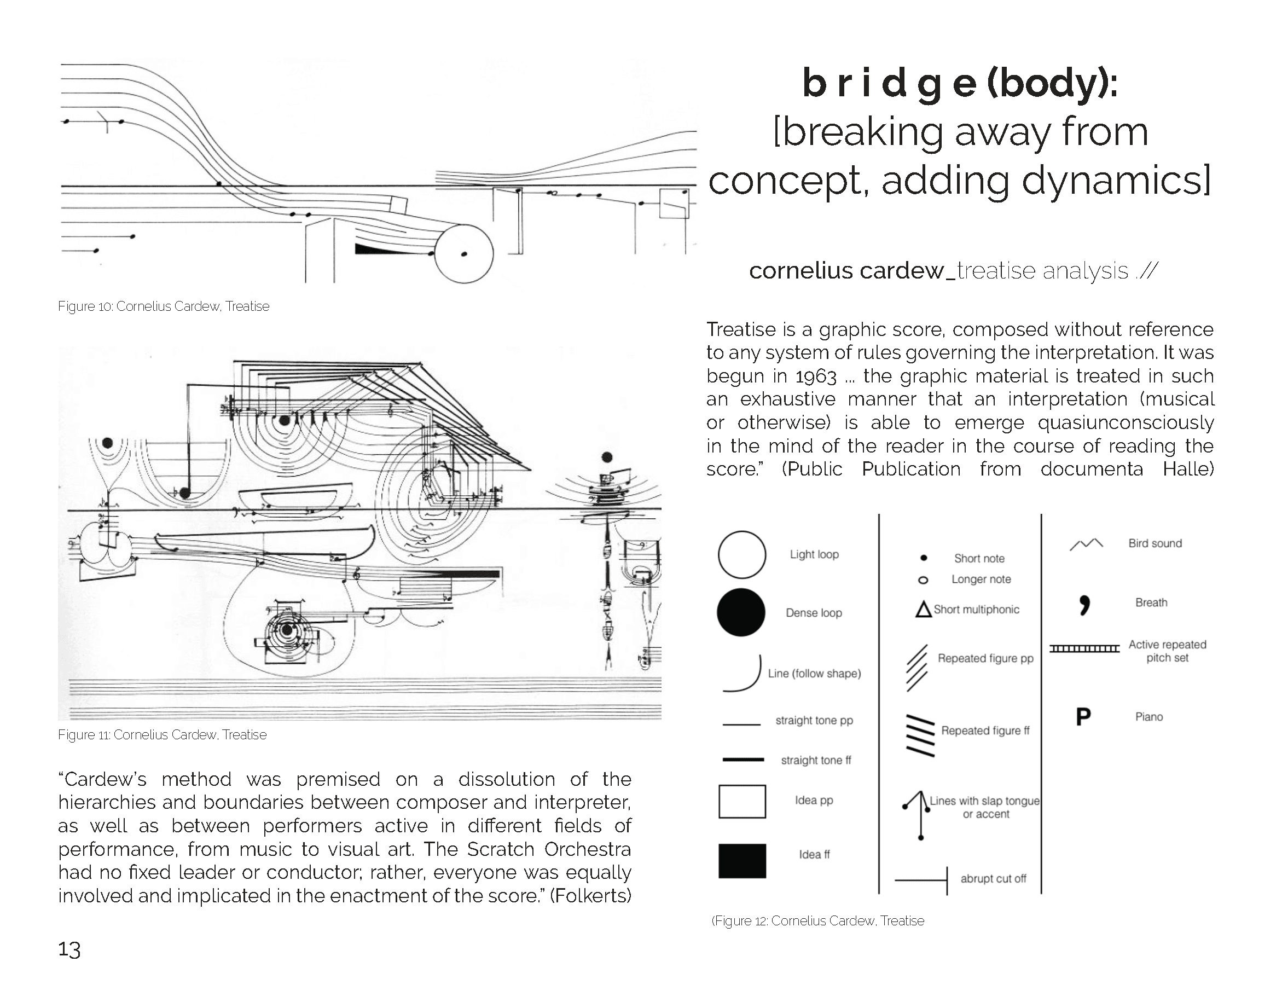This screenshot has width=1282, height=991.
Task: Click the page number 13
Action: click(x=69, y=950)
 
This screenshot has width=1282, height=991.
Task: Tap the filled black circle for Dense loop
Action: click(x=741, y=612)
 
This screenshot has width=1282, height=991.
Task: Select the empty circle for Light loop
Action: click(x=742, y=555)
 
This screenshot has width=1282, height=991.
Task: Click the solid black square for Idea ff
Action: click(x=742, y=861)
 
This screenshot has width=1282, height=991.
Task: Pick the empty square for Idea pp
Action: click(x=742, y=801)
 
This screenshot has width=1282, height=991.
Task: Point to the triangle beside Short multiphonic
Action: click(x=924, y=610)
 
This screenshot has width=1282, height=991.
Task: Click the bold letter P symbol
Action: click(x=1083, y=716)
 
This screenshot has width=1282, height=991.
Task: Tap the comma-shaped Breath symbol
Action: click(x=1084, y=605)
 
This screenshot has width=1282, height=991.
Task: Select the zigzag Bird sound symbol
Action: click(x=1086, y=544)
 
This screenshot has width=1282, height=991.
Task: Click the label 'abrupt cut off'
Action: click(x=993, y=878)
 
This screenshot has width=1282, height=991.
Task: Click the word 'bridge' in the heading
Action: click(x=889, y=83)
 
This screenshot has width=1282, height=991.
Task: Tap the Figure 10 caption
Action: click(x=164, y=306)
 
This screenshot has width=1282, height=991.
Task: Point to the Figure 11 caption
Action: click(x=162, y=735)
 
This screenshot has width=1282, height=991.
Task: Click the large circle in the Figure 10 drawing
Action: click(x=464, y=253)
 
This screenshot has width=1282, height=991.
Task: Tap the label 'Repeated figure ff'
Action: click(x=985, y=731)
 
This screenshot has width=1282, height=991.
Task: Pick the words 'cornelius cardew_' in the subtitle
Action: click(x=852, y=271)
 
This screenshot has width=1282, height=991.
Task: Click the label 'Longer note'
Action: click(x=981, y=579)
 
